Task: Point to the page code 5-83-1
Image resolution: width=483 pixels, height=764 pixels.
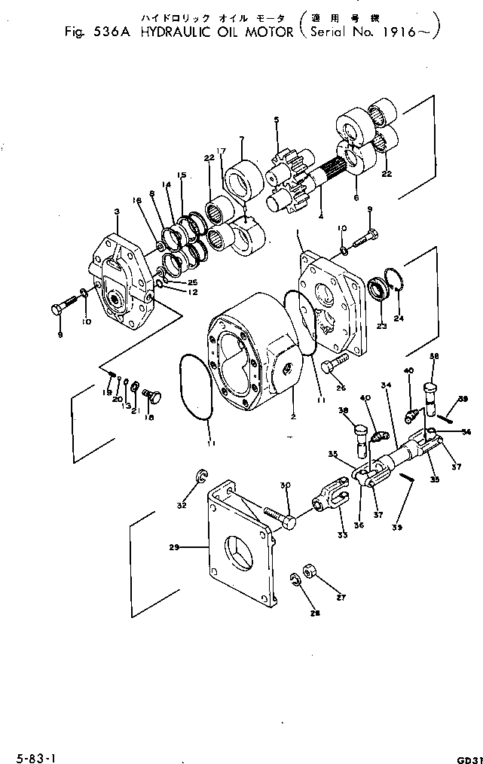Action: click(25, 753)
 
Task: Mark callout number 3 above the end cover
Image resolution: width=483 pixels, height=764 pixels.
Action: click(117, 212)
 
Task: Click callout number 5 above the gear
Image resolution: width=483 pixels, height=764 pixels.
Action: click(277, 120)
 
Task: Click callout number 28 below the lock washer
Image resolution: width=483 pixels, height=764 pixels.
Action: click(314, 613)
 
